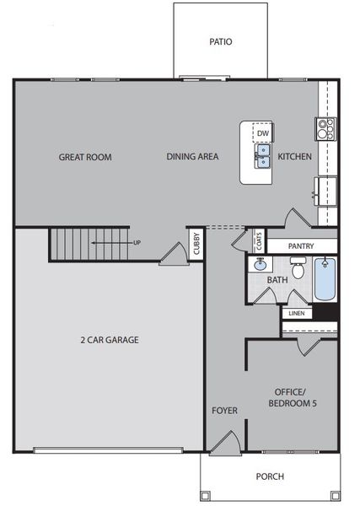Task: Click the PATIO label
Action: click(x=221, y=40)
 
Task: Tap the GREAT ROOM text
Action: click(x=84, y=157)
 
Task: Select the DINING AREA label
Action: click(x=192, y=157)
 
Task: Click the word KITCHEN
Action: click(x=295, y=157)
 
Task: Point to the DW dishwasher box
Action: click(x=263, y=133)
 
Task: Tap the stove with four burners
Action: click(x=326, y=128)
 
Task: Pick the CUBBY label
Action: click(x=196, y=244)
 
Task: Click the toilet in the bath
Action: click(x=297, y=267)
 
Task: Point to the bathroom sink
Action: click(x=261, y=265)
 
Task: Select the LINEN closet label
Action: click(x=296, y=314)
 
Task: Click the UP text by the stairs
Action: click(x=137, y=244)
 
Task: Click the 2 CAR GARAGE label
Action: click(x=110, y=341)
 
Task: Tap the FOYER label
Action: click(x=224, y=411)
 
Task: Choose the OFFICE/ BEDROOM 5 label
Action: click(x=292, y=397)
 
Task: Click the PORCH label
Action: click(x=270, y=476)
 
